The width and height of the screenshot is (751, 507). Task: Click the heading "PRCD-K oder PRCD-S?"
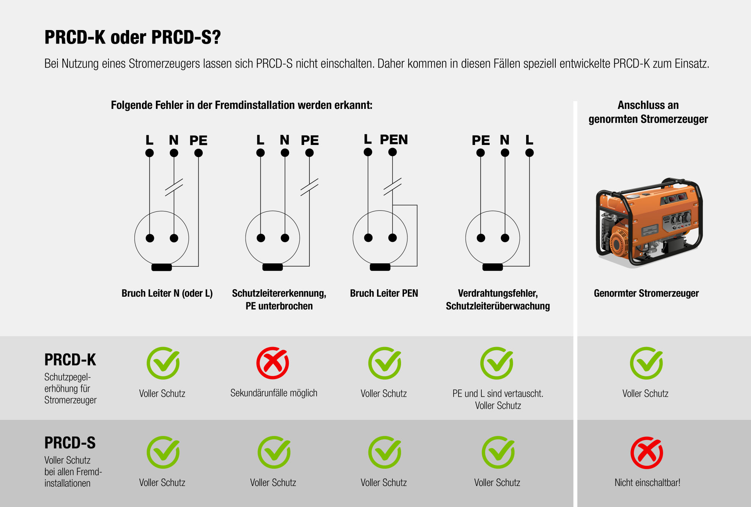coord(133,37)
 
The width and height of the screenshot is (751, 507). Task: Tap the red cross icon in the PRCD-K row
coord(273,363)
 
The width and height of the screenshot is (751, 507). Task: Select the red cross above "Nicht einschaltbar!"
coord(647,453)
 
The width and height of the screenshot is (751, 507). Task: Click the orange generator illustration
coord(648,222)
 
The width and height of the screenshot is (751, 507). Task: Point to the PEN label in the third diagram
coord(394,140)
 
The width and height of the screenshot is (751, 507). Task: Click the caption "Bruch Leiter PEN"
coord(384,293)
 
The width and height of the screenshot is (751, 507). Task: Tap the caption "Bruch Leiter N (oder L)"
coord(167,293)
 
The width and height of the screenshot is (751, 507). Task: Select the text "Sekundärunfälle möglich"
coord(274,393)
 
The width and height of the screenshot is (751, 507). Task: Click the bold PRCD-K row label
coord(70,360)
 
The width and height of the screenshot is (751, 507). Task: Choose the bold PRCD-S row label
coord(70,443)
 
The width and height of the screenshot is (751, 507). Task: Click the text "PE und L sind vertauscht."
coord(498,394)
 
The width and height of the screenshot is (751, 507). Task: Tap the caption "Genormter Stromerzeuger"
coord(646,293)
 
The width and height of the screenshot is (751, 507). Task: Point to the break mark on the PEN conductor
coord(392,187)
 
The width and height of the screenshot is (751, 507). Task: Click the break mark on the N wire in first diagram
coord(174,187)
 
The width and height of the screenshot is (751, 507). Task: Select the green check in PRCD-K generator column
coord(647,363)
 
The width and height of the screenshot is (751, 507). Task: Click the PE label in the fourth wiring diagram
coord(481,140)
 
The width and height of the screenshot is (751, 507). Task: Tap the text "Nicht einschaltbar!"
coord(647,483)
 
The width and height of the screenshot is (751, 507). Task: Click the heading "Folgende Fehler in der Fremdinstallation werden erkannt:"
coord(241,105)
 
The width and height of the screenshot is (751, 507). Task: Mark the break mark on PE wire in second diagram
coord(309,187)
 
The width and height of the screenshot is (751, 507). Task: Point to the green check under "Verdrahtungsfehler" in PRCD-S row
coord(498,452)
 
